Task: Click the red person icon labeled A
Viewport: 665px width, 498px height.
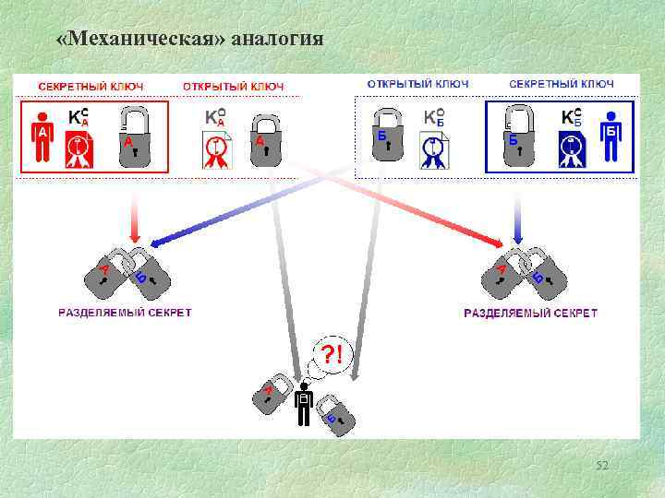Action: pos(42,136)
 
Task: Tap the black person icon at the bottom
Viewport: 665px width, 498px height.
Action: pos(303,405)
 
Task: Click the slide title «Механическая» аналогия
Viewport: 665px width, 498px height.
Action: pos(189,39)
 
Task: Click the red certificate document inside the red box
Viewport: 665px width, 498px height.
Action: pos(79,148)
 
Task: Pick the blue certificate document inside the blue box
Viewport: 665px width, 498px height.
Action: pos(572,148)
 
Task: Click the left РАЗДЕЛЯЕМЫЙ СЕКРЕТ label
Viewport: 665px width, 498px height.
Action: pos(126,313)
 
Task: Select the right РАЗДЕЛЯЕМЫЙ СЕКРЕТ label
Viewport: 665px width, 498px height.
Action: pos(530,313)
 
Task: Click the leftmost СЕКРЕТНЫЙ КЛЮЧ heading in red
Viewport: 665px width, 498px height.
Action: pos(91,86)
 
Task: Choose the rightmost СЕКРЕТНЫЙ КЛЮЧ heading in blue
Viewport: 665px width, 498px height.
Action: pos(562,84)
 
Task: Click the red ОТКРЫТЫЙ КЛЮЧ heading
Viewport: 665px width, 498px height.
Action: pos(233,86)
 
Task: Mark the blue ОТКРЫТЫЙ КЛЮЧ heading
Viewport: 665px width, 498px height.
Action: pos(417,84)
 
